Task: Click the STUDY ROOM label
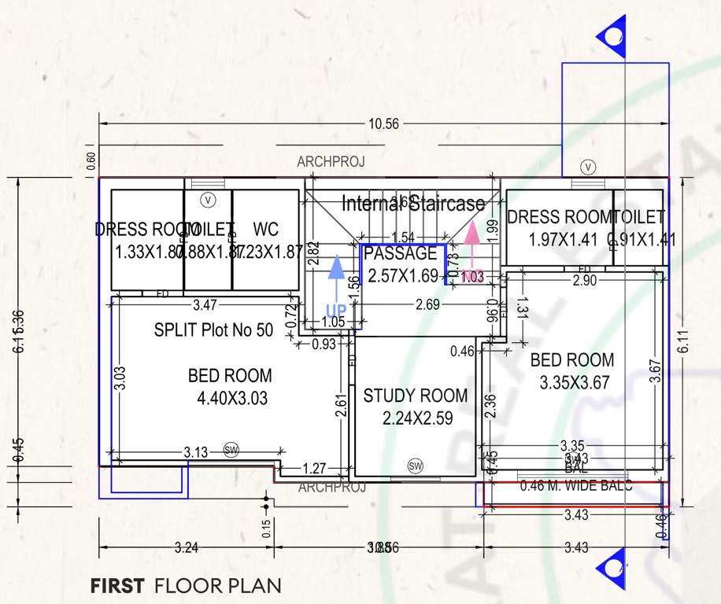[x=415, y=396]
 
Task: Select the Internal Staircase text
[x=413, y=204]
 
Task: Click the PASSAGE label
[x=400, y=254]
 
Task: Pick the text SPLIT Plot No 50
[x=213, y=330]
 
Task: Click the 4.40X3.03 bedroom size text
[x=232, y=399]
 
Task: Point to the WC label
[x=266, y=230]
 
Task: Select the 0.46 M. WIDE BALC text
[x=576, y=486]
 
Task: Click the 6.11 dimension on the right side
[x=685, y=342]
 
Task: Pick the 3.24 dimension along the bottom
[x=187, y=548]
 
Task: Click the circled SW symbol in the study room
[x=416, y=466]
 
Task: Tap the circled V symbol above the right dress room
[x=588, y=167]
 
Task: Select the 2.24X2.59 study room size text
[x=417, y=418]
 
